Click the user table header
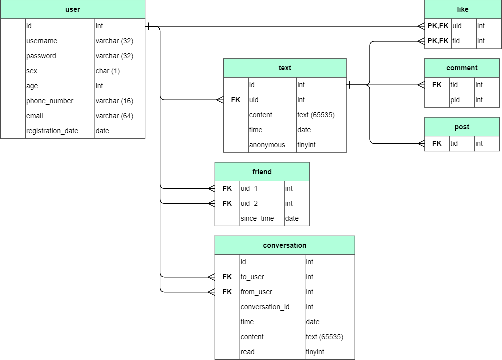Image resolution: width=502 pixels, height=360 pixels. (x=73, y=9)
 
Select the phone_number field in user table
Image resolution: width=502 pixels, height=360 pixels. (x=50, y=101)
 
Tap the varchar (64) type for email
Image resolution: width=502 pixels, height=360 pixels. (x=114, y=116)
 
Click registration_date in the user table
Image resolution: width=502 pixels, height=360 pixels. (x=52, y=131)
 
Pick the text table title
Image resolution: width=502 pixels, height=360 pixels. (x=285, y=68)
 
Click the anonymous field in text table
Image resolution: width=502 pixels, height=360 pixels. (x=267, y=145)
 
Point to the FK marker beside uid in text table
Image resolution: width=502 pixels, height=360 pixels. (x=236, y=100)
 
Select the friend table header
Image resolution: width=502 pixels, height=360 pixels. (x=262, y=171)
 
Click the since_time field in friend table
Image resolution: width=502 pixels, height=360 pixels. (x=257, y=218)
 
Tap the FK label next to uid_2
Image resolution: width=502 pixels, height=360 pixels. (x=227, y=203)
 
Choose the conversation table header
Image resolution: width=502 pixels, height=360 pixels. (x=285, y=245)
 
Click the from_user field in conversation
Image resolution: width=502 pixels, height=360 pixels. (x=256, y=292)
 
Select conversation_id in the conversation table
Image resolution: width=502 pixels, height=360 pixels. (x=265, y=307)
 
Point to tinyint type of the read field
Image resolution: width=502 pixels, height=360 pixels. (x=315, y=352)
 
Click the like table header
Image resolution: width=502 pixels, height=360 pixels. (x=463, y=9)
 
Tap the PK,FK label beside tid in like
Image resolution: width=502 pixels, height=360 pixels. (x=438, y=41)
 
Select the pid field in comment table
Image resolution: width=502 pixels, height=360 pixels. (x=455, y=100)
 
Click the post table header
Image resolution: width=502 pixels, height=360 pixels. (x=462, y=127)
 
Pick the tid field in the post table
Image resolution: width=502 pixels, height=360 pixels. (x=454, y=143)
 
